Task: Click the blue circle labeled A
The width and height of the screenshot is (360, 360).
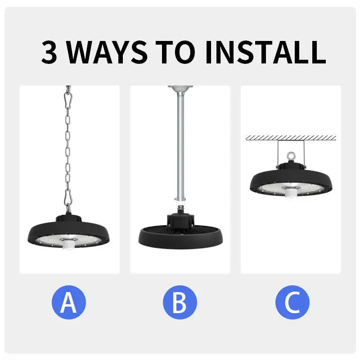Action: pos(68,302)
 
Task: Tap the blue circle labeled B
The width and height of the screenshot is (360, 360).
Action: pos(180,302)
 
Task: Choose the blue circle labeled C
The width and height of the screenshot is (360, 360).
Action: pos(292,302)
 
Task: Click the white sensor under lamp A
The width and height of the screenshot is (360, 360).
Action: pos(69,244)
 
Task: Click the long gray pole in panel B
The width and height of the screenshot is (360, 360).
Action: pos(180,144)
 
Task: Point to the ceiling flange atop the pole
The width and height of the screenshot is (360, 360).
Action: pos(180,88)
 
